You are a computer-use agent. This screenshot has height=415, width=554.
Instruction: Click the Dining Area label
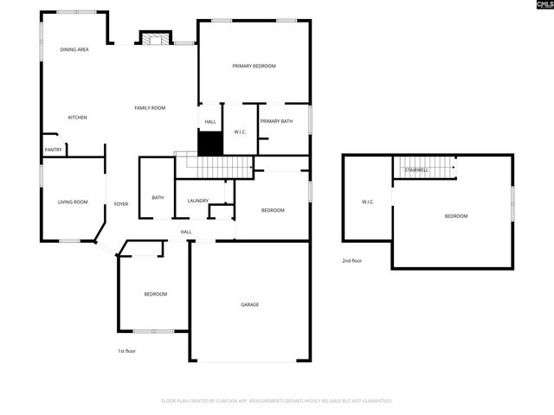click(74, 50)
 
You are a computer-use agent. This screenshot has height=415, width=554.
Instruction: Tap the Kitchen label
click(78, 117)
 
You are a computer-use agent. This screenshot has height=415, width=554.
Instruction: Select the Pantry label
click(53, 150)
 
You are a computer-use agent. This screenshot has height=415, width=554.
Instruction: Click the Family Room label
click(150, 108)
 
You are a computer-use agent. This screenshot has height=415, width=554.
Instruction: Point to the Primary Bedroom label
click(254, 66)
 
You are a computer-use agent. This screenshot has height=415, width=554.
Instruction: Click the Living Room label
click(73, 202)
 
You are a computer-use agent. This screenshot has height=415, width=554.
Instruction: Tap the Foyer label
click(121, 204)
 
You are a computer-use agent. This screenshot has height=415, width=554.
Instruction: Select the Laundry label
click(198, 201)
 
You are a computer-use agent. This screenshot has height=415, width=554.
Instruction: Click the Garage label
click(250, 304)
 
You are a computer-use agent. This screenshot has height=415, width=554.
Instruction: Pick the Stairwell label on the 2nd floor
click(416, 170)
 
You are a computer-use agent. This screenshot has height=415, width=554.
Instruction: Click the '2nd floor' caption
click(351, 260)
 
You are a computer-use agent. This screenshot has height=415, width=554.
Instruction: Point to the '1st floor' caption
click(126, 351)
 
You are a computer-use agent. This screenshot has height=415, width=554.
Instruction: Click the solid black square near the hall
click(210, 144)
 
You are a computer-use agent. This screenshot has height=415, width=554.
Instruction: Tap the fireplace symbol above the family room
click(156, 39)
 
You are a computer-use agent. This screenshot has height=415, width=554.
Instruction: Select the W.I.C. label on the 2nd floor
click(368, 202)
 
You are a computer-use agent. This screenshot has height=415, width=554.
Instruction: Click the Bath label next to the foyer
click(158, 198)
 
